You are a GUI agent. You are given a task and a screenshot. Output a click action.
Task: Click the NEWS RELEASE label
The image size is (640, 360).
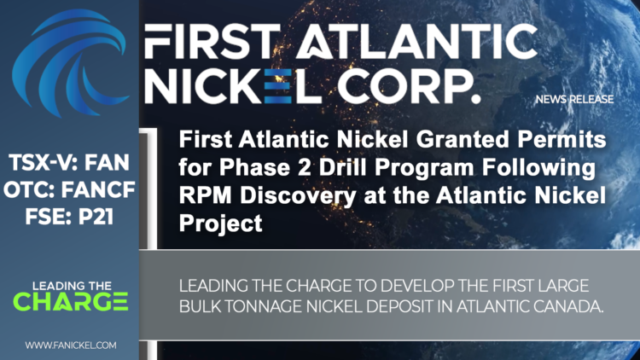click(574, 100)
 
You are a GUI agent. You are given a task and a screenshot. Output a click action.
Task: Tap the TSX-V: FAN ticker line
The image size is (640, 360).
click(69, 160)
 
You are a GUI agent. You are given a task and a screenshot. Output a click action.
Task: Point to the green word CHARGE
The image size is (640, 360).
click(71, 301)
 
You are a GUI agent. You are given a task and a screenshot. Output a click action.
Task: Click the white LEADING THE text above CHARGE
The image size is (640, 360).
click(70, 284)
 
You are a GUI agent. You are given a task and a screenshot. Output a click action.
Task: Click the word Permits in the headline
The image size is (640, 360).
click(556, 139)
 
